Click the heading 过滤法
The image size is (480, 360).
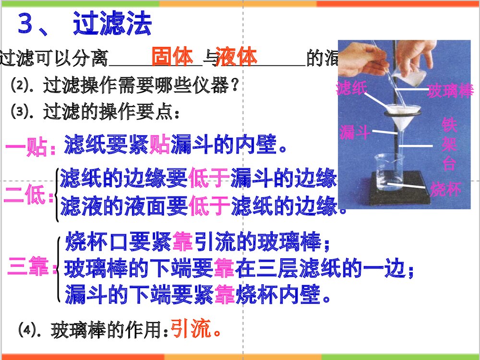tap(112, 24)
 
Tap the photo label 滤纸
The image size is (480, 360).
tap(351, 88)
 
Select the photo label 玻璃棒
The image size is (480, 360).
tap(449, 90)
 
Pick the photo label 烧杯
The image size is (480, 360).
tap(445, 189)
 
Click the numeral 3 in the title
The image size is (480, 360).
tap(26, 24)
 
